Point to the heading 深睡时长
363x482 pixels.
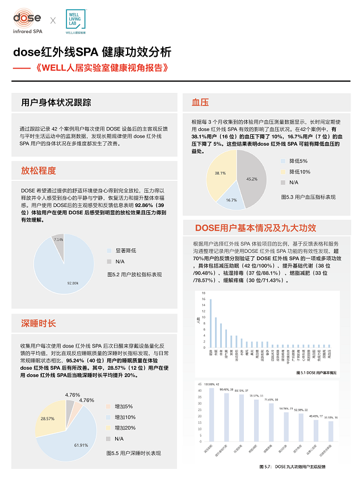39,323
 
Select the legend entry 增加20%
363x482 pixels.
123,428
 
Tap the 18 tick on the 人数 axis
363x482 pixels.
204,293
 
